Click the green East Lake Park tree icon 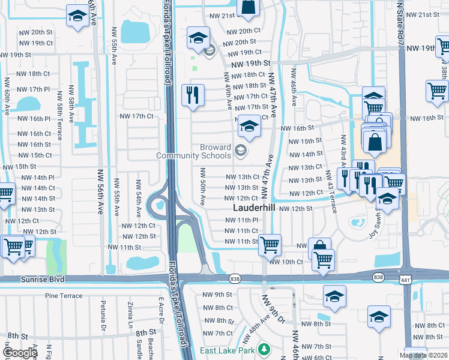(263, 349)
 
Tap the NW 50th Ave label (202, 185)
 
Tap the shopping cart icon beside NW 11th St (270, 244)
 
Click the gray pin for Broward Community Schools (241, 150)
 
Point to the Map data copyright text (424, 355)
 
